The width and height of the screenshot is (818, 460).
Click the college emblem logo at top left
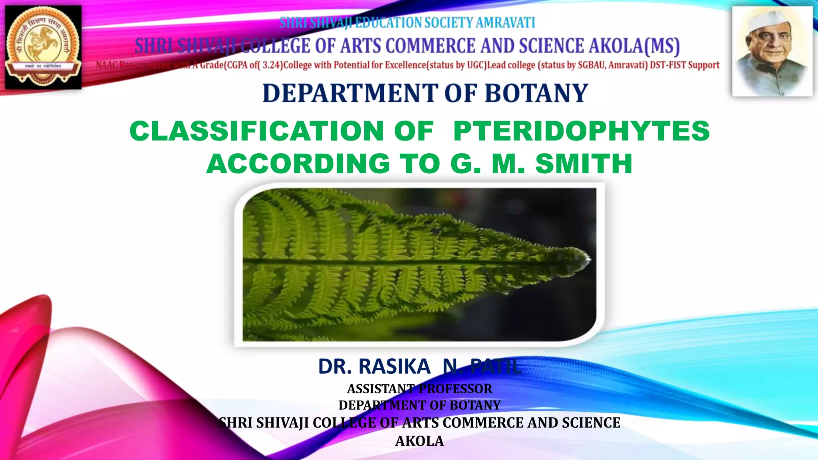coord(43,47)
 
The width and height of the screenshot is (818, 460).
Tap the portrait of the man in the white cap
coord(772,51)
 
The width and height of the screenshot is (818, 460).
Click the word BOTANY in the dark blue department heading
coord(536,93)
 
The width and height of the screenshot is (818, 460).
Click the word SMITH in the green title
coord(584,164)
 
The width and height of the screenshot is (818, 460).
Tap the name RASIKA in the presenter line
coord(395,367)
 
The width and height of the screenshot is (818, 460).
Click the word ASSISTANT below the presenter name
coord(381,389)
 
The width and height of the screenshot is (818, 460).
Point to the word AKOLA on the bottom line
coord(419,441)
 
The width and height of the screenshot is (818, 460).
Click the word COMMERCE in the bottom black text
coord(483,422)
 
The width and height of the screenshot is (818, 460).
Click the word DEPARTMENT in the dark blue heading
coord(350,93)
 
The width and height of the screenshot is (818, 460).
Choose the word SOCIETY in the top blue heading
coord(449,23)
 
